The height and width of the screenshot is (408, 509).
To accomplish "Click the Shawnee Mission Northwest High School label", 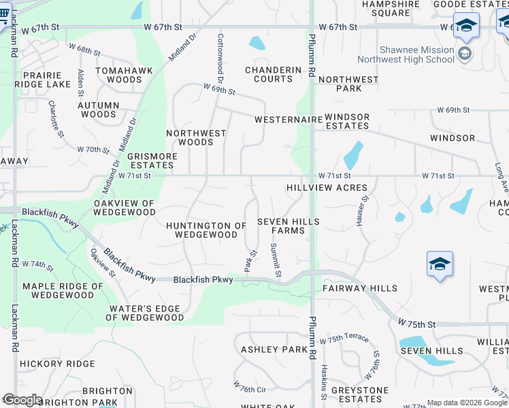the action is [x=416, y=54].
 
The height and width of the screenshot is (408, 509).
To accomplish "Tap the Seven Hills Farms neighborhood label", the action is [x=289, y=226].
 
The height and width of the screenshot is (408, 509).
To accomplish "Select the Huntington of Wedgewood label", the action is [x=206, y=230].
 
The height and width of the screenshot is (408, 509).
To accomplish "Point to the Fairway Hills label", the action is [x=360, y=288].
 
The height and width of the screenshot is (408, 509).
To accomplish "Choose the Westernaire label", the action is [x=288, y=120].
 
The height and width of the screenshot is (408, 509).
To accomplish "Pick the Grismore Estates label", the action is [x=152, y=160].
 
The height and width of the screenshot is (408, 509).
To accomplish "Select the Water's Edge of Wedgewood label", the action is [x=146, y=313].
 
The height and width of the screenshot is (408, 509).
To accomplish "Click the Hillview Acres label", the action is [x=327, y=188].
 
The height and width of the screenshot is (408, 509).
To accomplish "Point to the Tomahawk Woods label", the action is [x=118, y=75].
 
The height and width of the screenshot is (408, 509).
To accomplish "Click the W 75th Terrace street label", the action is [x=348, y=338].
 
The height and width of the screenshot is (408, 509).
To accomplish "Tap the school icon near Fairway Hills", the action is [x=440, y=264].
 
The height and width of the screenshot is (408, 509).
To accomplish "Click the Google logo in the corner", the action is [x=22, y=400].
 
